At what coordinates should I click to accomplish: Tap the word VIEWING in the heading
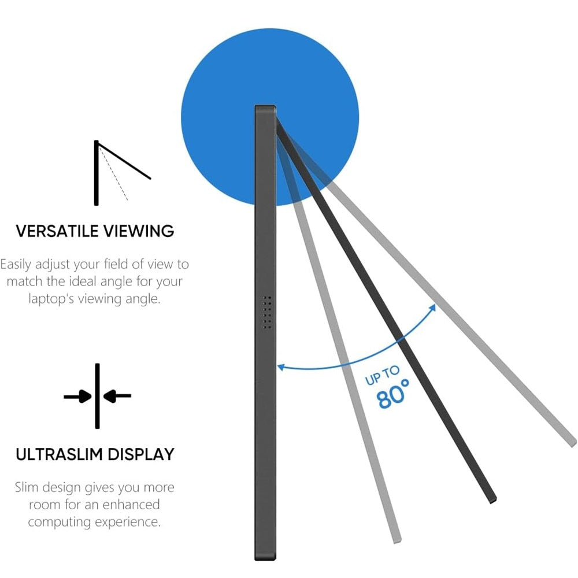pos(139,231)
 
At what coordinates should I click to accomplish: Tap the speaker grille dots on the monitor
pos(267,313)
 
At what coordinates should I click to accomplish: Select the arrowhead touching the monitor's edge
pos(281,366)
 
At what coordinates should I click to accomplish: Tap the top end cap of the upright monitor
pos(265,109)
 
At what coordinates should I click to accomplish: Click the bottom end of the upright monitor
pos(265,556)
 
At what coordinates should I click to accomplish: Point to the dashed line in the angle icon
pos(114,173)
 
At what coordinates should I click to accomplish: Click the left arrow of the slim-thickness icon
pos(79,397)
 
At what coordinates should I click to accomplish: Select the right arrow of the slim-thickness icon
pos(117,397)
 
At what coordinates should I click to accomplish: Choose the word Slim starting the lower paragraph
pos(28,487)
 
